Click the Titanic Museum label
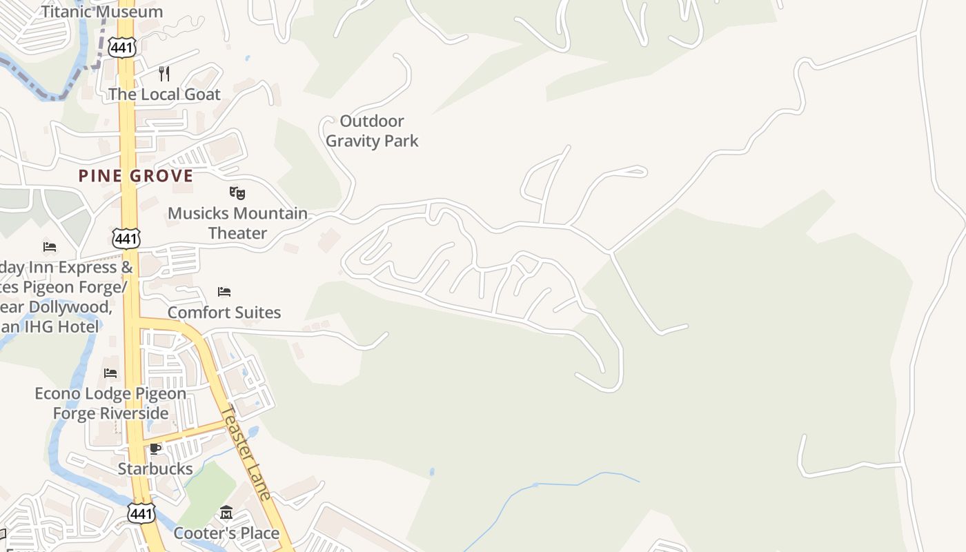(102, 11)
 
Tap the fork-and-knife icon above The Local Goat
(164, 73)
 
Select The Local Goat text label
(164, 95)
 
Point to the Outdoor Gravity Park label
(372, 131)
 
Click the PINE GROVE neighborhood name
(136, 176)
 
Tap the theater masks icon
(237, 193)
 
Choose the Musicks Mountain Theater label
(237, 223)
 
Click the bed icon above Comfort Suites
(224, 292)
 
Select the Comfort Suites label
(224, 313)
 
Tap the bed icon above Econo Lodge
(110, 373)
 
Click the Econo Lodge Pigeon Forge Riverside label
(110, 404)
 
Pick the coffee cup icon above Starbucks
(155, 449)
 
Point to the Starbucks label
(155, 469)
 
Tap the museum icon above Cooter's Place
(226, 513)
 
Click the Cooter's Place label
(226, 533)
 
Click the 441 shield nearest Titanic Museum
(123, 47)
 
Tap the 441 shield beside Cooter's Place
(141, 513)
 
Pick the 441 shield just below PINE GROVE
(126, 239)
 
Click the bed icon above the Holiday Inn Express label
(49, 246)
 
